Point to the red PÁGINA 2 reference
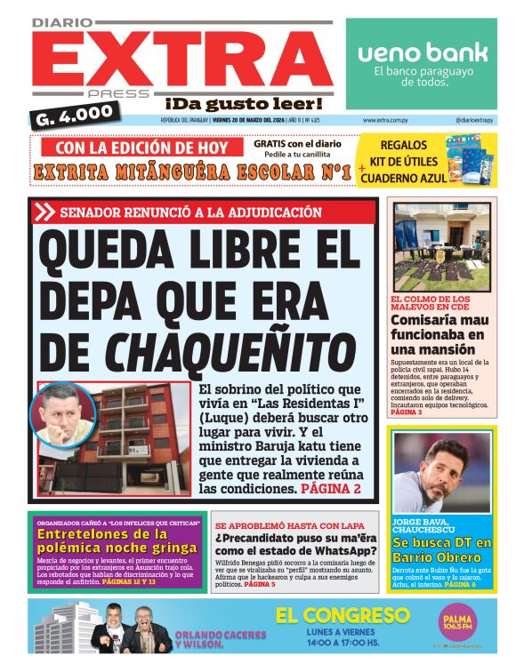point(330,488)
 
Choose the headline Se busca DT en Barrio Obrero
point(440,548)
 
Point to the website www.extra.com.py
point(385,120)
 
